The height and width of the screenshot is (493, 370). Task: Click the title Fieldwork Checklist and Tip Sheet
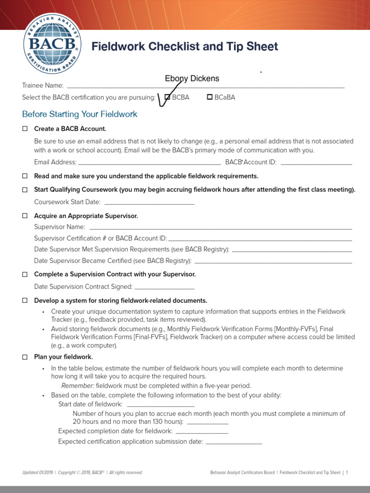point(185,47)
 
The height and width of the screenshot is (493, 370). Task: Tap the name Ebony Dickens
point(192,78)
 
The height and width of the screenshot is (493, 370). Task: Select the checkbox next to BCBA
point(167,97)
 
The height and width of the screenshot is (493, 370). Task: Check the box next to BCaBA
point(210,97)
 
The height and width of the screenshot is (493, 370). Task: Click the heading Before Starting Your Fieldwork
point(79,114)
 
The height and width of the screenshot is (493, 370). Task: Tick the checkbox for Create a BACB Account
point(25,129)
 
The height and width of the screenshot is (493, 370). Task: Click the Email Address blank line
point(149,162)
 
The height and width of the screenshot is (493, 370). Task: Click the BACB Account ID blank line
point(316,162)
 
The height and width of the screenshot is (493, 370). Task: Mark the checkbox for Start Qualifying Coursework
point(25,190)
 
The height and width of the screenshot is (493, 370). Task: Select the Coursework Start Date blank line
point(149,202)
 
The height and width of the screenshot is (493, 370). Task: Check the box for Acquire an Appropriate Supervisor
point(25,216)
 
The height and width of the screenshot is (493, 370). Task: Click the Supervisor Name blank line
point(221,227)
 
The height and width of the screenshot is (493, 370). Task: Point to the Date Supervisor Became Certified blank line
point(273,261)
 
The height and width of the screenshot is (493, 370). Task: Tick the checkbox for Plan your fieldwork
point(25,357)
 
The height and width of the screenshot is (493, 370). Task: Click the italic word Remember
point(78,386)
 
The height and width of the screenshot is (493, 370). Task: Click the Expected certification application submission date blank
point(234,441)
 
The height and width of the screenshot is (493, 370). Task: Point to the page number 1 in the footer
point(346,473)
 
